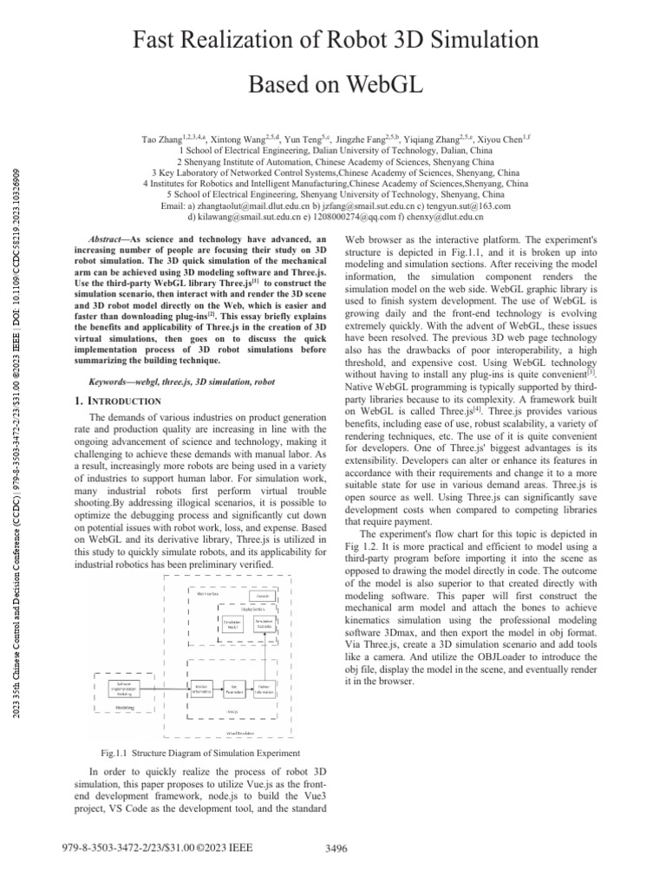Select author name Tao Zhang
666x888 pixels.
point(161,138)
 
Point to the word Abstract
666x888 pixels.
point(109,238)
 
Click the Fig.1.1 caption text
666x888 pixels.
point(200,752)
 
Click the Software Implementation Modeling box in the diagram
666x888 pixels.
point(117,689)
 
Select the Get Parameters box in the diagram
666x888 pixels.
point(233,689)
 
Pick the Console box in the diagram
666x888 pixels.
point(261,596)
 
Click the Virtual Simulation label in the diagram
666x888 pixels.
point(238,733)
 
